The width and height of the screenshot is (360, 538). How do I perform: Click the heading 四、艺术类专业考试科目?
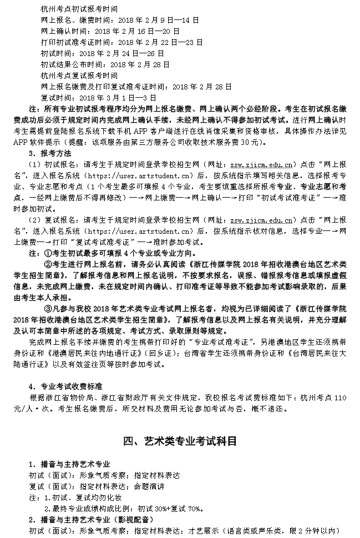point(180,441)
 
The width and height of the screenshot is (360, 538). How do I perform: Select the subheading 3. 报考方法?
point(50,152)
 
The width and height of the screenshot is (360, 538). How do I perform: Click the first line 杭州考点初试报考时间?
point(79,8)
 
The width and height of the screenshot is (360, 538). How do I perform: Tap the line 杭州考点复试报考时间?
point(79,75)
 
